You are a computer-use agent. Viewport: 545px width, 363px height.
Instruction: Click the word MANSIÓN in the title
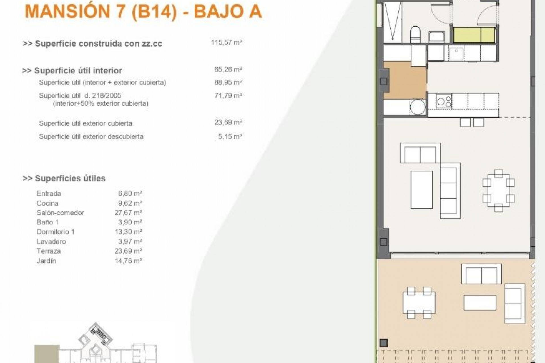[68, 12]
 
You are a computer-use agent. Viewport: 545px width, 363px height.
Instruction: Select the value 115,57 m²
[226, 43]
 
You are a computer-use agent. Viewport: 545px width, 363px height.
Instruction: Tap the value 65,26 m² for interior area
[228, 69]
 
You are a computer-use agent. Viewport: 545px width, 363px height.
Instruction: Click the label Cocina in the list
[47, 203]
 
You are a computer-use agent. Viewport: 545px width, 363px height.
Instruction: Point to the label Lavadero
[51, 241]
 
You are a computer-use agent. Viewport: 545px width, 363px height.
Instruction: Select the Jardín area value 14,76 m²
[128, 261]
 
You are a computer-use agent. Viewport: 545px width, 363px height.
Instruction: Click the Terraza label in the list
[49, 251]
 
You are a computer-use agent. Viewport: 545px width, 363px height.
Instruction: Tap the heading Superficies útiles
[70, 178]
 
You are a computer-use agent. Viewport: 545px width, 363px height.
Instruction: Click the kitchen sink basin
[456, 54]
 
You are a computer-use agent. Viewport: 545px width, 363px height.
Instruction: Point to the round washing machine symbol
[418, 107]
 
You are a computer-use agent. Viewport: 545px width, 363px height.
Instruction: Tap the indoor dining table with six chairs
[498, 191]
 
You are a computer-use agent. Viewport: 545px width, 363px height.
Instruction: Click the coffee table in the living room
[422, 189]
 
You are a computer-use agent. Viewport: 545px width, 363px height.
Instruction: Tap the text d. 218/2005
[105, 96]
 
